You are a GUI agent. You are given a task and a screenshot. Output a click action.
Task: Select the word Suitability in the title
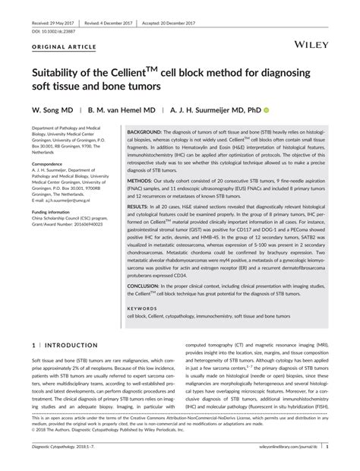point(62,77)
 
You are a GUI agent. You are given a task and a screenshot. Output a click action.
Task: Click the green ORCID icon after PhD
point(267,110)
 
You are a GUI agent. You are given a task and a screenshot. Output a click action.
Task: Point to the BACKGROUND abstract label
point(146,131)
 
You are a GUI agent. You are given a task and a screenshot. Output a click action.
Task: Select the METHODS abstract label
point(141,182)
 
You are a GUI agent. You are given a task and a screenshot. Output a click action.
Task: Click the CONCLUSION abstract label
point(147,285)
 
